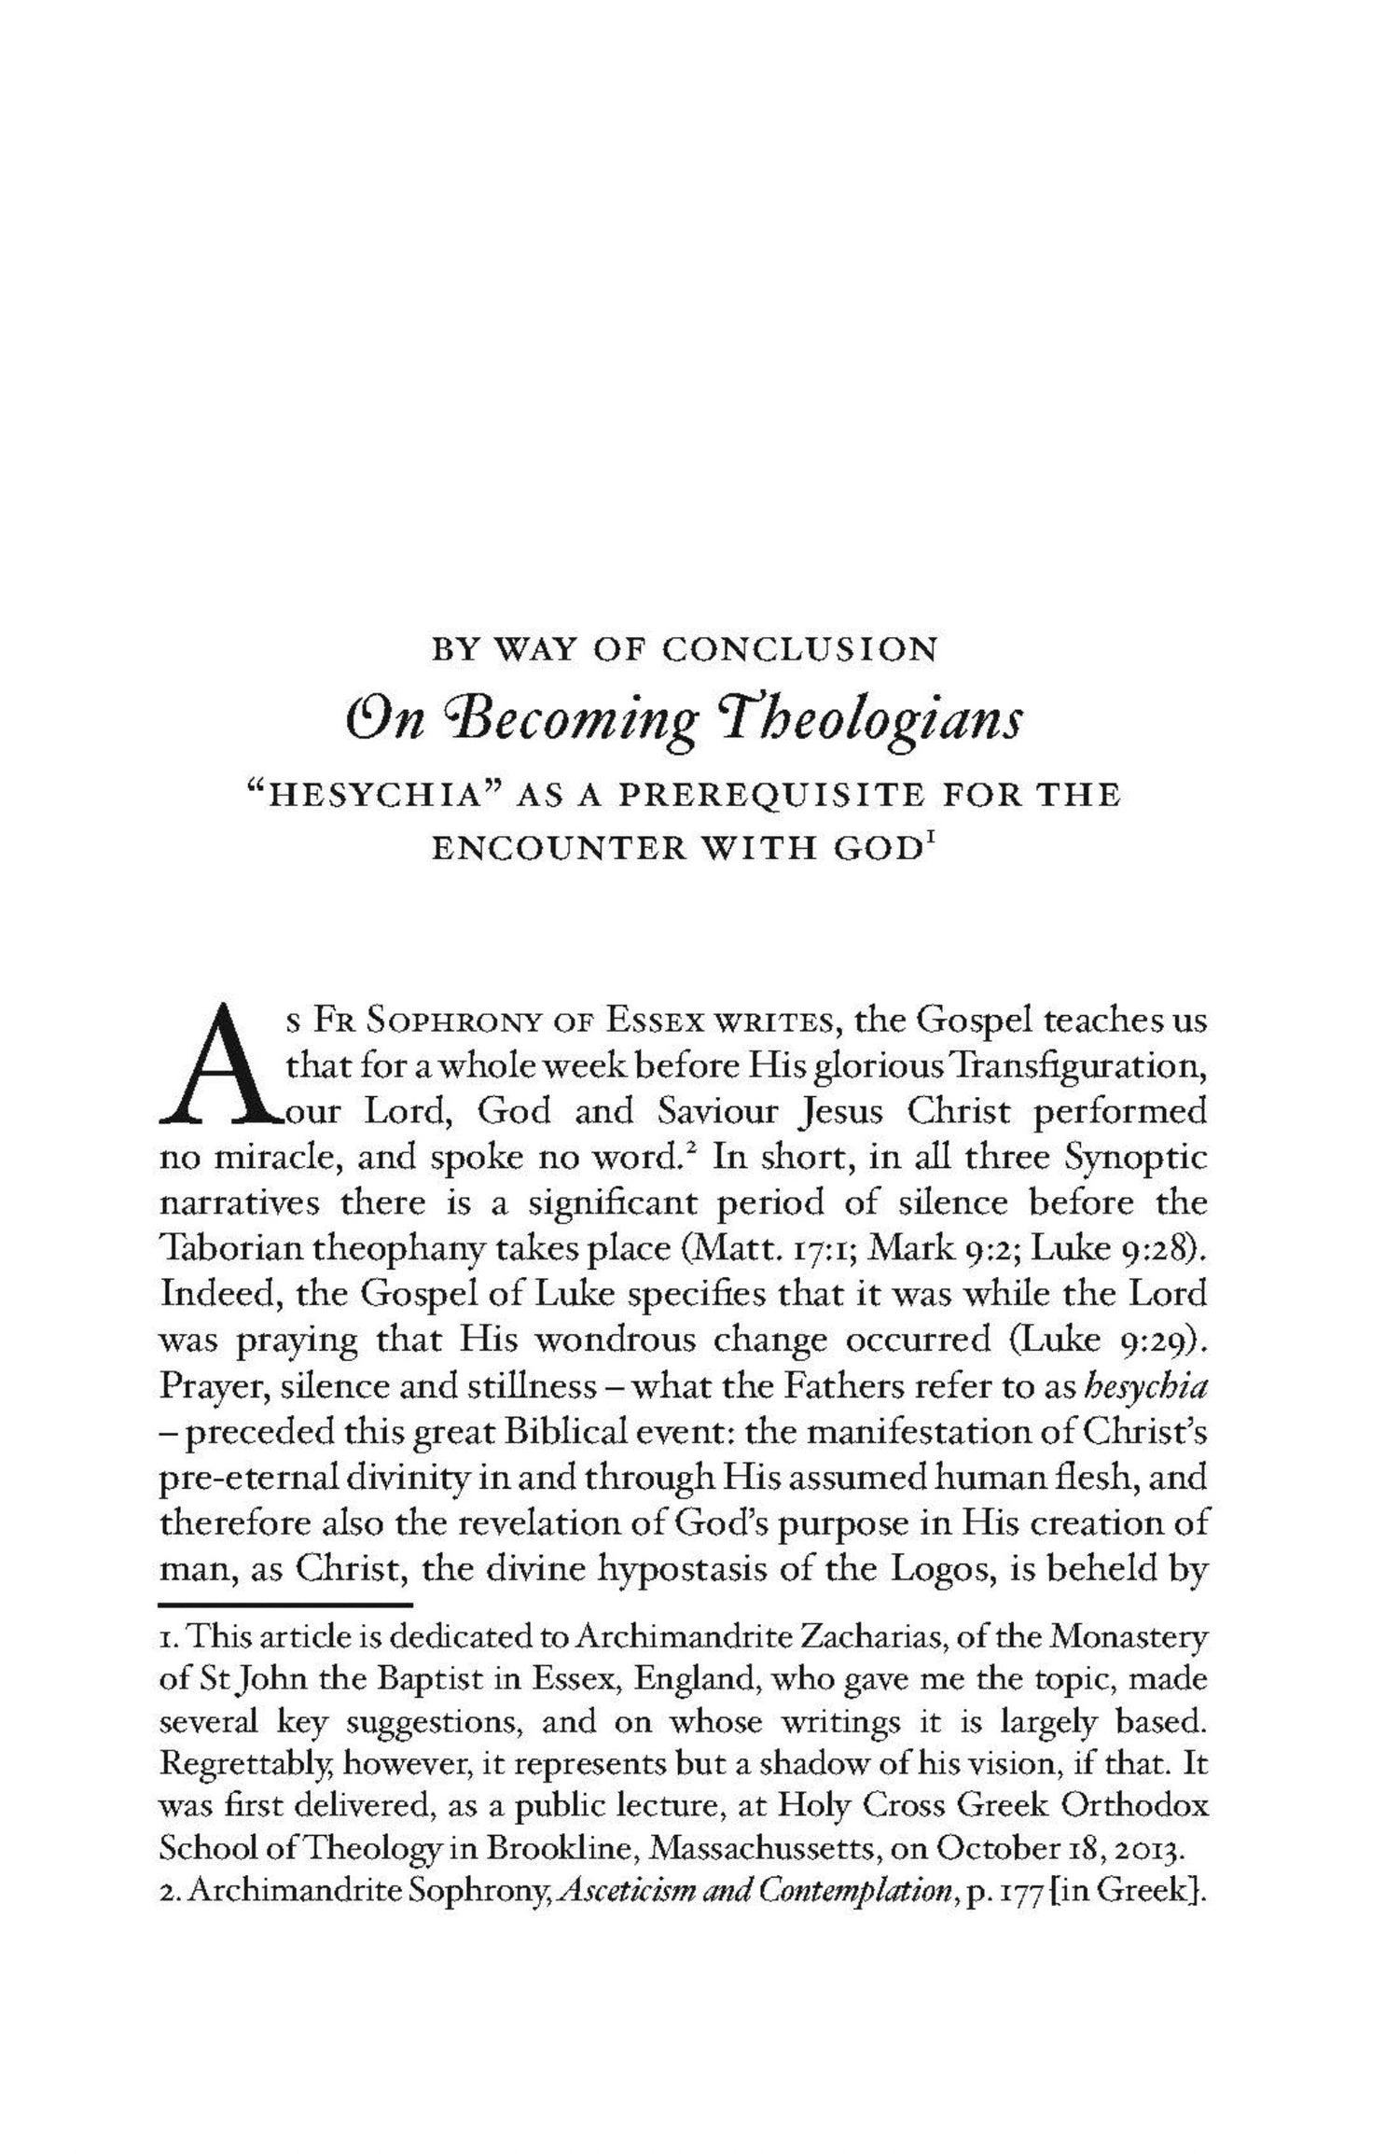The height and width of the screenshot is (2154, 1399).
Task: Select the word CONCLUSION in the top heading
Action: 799,649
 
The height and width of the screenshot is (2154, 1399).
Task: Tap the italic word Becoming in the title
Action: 601,722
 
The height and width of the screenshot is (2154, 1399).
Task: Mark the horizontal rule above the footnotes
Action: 285,1605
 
